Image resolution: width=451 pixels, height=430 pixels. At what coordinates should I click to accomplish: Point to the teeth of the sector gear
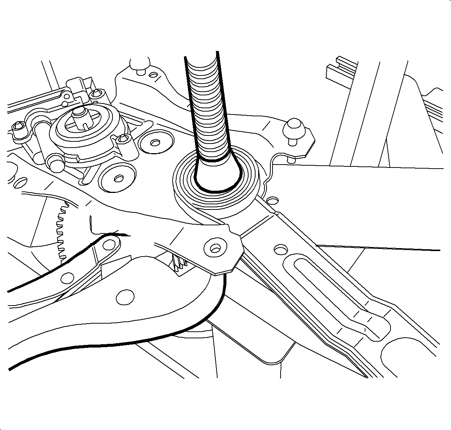[x=61, y=232]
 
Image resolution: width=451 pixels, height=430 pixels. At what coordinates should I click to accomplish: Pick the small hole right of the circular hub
[x=272, y=200]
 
